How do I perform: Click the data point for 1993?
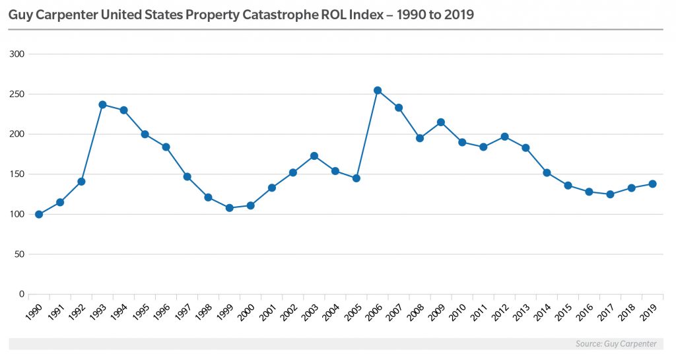pyautogui.click(x=102, y=104)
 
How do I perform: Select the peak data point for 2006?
pyautogui.click(x=378, y=90)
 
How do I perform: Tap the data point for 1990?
pyautogui.click(x=39, y=214)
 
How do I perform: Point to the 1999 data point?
pyautogui.click(x=229, y=207)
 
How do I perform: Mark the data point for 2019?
pyautogui.click(x=652, y=184)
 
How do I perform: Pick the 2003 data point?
pyautogui.click(x=314, y=156)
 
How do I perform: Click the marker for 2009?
pyautogui.click(x=441, y=122)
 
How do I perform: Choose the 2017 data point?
pyautogui.click(x=610, y=194)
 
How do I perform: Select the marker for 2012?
pyautogui.click(x=504, y=137)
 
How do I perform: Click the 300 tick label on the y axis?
pyautogui.click(x=18, y=54)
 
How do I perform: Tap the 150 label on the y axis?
pyautogui.click(x=18, y=174)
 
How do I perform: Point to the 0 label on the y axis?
pyautogui.click(x=22, y=295)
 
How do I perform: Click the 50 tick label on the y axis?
pyautogui.click(x=20, y=254)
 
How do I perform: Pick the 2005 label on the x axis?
pyautogui.click(x=351, y=312)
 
